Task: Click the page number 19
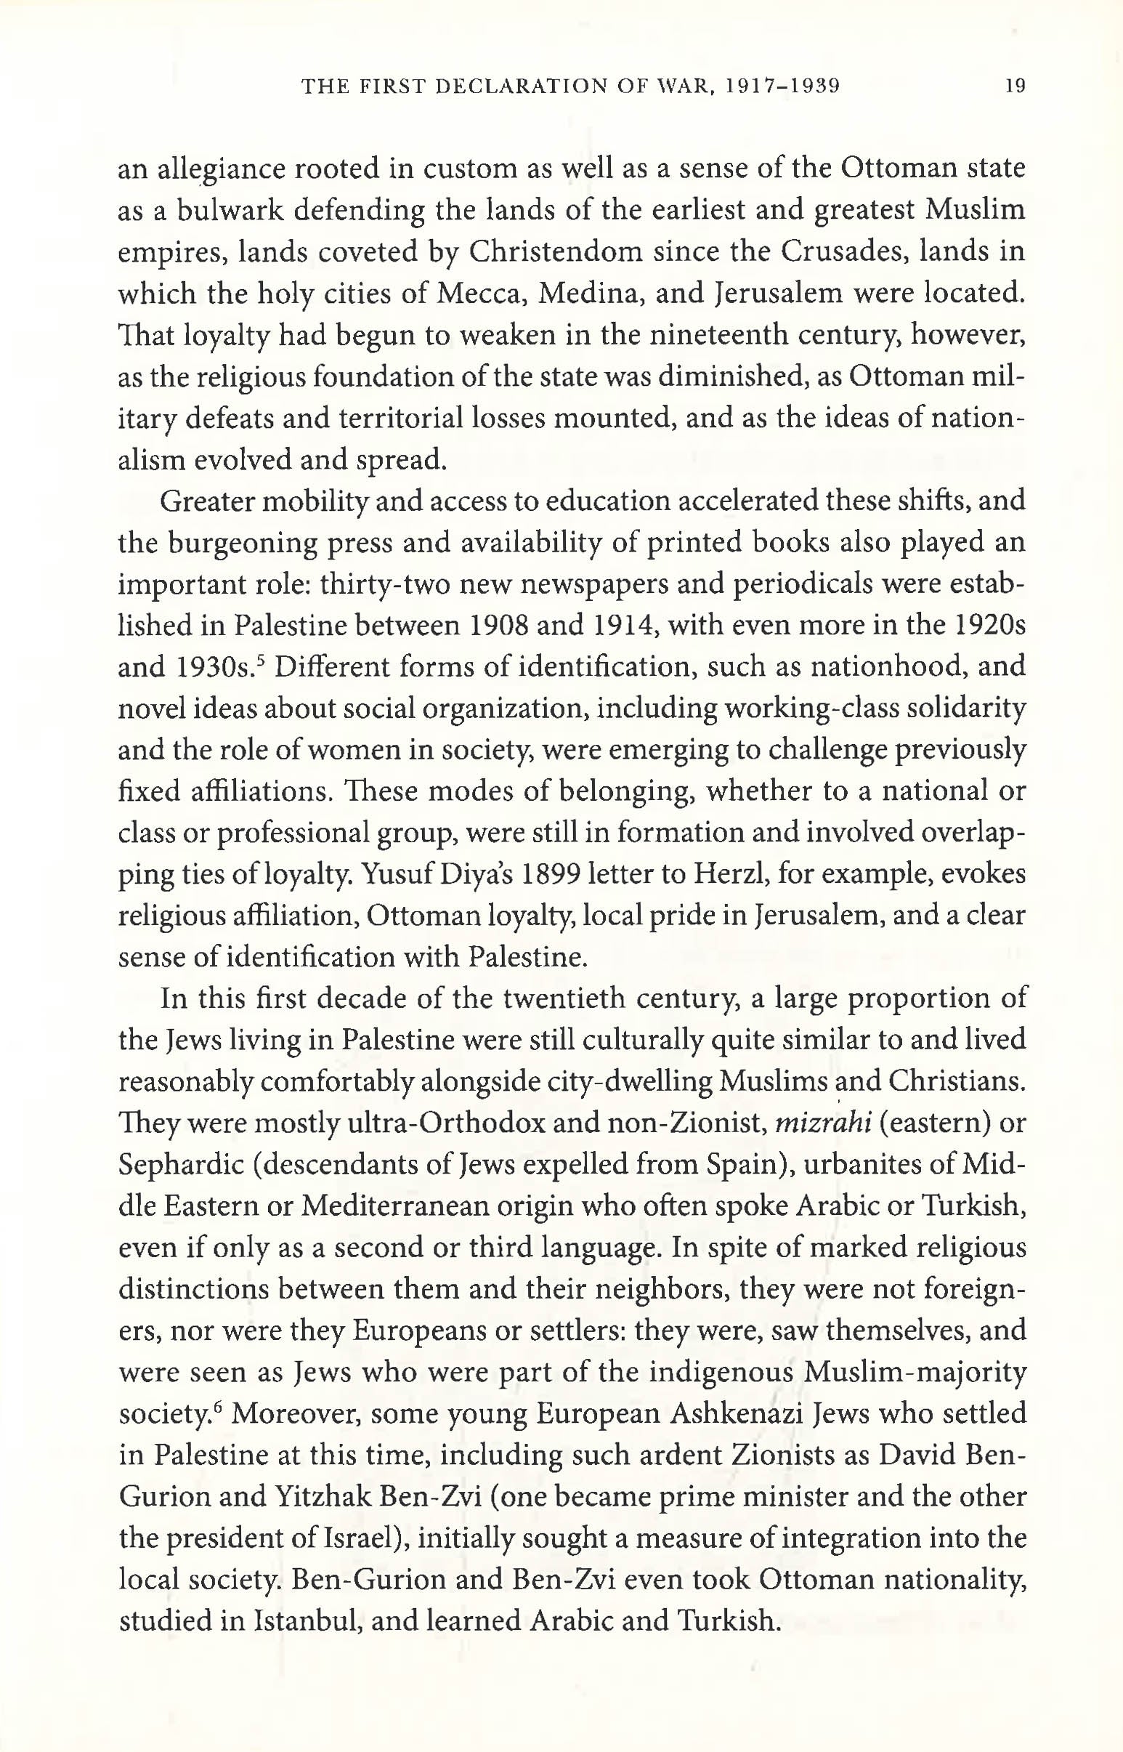pos(1014,86)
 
